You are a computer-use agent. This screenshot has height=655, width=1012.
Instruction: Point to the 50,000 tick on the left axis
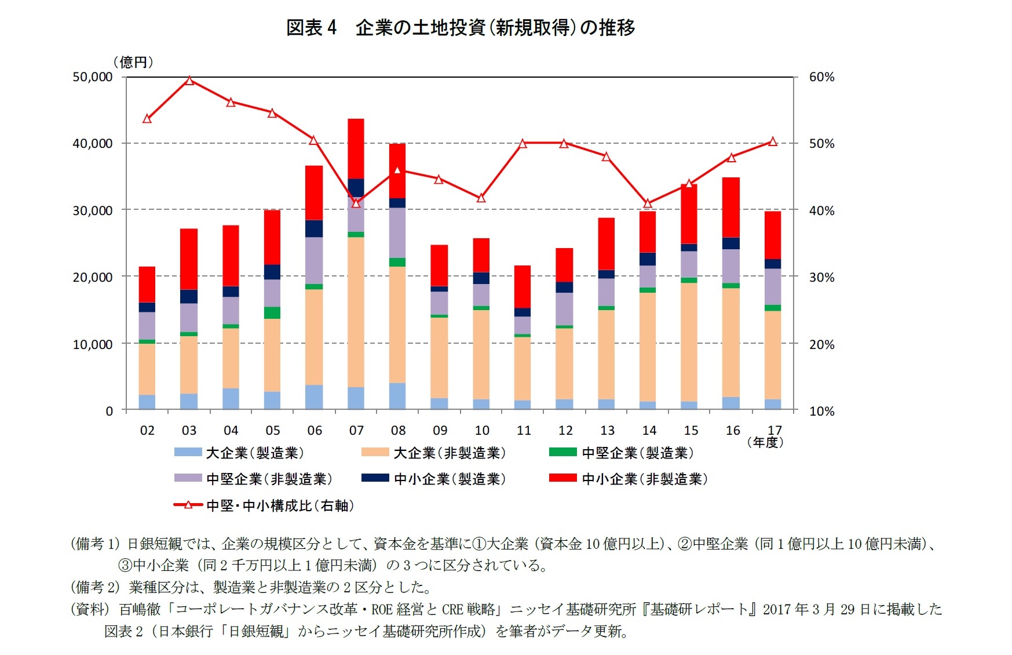pos(92,77)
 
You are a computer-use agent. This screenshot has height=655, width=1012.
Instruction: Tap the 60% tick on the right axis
pos(821,77)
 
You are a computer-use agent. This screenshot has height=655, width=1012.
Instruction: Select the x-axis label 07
pos(356,431)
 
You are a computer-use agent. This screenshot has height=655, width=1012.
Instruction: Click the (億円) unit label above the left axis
pos(133,62)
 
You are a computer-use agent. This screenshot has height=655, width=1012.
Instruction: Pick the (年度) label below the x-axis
pos(765,443)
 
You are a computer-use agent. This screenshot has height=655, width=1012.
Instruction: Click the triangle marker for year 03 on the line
pos(189,81)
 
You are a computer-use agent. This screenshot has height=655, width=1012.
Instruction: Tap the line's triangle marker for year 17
pos(773,141)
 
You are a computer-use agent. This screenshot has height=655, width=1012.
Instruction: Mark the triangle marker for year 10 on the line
pos(481,198)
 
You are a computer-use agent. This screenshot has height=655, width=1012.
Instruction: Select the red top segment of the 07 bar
pos(356,148)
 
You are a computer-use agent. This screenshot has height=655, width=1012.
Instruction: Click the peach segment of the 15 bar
pos(689,342)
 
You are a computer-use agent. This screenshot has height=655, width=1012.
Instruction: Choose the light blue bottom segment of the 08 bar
pos(397,396)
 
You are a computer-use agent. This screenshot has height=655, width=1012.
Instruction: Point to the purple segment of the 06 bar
pos(314,260)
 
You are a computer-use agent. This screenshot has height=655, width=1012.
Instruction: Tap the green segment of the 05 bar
pos(272,313)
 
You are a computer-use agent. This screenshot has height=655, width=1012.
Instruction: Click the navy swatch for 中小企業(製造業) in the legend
pos(375,478)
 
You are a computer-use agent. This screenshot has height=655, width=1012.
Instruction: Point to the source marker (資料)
pos(90,609)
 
